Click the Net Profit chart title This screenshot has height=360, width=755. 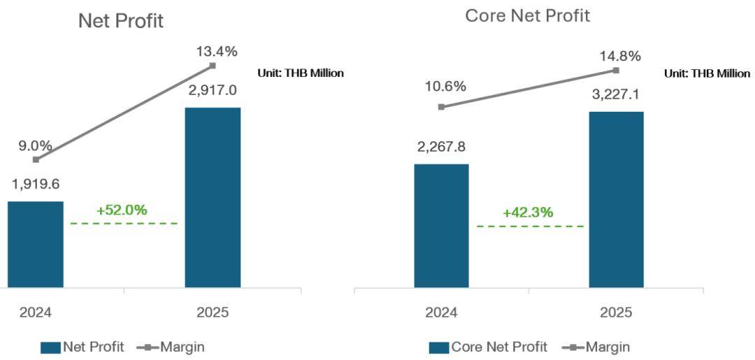(121, 20)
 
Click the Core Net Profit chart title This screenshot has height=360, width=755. (528, 15)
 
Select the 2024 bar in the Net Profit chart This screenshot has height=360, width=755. (36, 244)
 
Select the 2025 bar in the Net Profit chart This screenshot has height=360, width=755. (213, 197)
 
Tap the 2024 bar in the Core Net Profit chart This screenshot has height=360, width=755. (441, 225)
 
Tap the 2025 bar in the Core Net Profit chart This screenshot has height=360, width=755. (616, 199)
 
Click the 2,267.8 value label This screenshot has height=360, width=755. (441, 147)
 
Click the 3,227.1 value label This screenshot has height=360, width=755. (617, 94)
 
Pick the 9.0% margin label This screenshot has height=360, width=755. (36, 146)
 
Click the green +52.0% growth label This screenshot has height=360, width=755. (122, 210)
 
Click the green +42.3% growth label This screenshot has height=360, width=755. (528, 213)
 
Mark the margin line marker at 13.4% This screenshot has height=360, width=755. (213, 66)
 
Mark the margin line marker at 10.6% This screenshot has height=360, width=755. (441, 107)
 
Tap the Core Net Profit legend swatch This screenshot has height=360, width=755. (437, 347)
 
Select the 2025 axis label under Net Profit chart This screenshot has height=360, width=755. (213, 312)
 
